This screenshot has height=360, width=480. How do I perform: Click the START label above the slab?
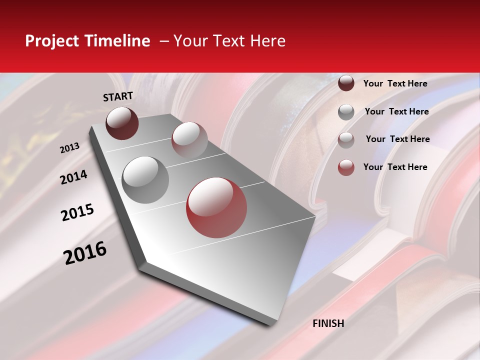coord(118,96)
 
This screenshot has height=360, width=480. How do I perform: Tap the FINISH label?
coord(328,323)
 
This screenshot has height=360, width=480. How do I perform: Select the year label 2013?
coord(70,148)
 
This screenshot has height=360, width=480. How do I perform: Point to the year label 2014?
coord(74,177)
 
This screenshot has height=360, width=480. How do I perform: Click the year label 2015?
coord(77,212)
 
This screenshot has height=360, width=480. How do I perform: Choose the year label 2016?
coord(85,253)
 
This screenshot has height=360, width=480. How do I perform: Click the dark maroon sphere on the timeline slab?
coord(122,123)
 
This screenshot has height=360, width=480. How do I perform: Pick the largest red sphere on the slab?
coord(216,207)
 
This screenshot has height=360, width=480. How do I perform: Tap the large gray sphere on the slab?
coord(145,179)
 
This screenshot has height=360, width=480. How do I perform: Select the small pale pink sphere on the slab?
coord(189,139)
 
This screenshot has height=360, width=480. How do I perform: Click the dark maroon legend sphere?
coord(346,83)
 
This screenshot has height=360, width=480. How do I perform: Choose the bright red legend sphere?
coord(346,167)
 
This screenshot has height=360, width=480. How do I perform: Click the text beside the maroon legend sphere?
coord(395,83)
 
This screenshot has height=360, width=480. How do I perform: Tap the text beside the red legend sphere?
coord(395,167)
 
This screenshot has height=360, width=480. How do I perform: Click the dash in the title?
coord(163,41)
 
